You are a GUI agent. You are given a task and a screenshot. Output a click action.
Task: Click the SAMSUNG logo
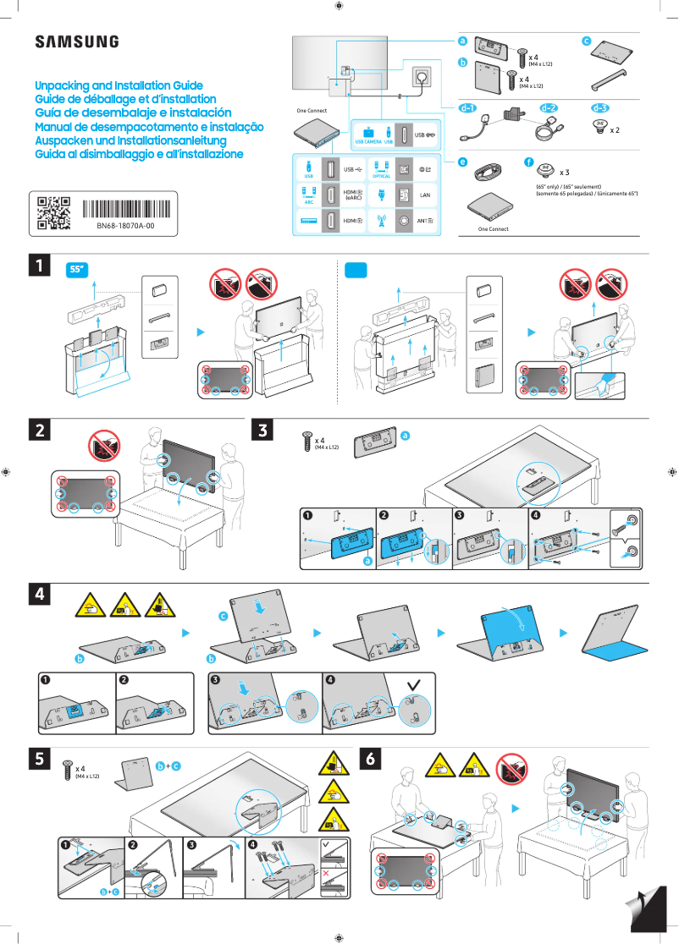point(76,42)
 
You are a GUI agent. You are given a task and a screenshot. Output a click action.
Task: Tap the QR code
point(53,213)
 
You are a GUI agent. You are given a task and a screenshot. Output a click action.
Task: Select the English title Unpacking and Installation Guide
point(119,86)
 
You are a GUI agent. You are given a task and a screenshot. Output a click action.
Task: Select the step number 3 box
point(263,431)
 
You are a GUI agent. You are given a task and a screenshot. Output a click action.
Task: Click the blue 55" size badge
point(78,270)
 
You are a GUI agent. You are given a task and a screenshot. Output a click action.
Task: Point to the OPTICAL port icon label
point(381,176)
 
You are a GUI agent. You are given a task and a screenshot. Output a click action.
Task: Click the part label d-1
point(468,108)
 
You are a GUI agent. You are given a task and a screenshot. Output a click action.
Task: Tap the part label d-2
point(549,108)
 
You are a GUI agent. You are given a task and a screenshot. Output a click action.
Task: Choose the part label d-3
point(599,108)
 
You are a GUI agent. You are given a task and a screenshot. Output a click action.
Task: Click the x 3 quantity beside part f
point(565,173)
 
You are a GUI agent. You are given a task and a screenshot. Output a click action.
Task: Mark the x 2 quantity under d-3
point(615,131)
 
